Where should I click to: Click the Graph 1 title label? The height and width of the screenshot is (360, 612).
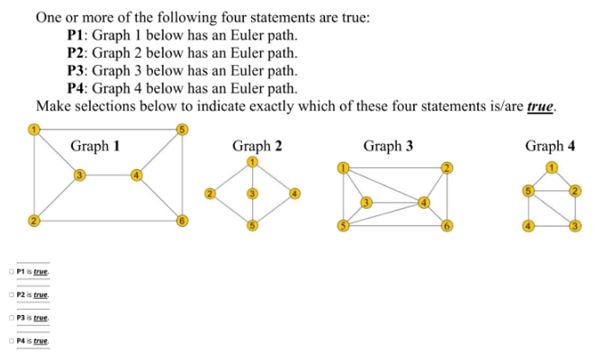tap(95, 146)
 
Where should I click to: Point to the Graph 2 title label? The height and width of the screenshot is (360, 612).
tap(252, 146)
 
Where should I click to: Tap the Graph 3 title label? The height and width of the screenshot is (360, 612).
tap(388, 146)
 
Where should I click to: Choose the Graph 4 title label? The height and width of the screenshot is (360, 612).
tap(550, 146)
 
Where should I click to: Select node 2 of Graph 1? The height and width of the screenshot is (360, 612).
tap(33, 220)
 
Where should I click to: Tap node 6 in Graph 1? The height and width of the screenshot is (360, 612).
tap(181, 220)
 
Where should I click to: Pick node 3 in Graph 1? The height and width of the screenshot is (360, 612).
tap(79, 174)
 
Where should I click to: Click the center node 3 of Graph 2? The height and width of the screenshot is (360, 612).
tap(253, 193)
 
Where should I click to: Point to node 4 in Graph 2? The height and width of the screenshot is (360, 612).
tap(294, 193)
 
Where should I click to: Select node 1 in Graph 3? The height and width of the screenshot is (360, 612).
tap(342, 167)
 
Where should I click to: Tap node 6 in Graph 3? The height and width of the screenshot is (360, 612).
tap(445, 226)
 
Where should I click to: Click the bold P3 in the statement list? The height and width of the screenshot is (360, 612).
tap(77, 70)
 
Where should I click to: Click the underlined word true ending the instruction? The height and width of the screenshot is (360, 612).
tap(540, 106)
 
